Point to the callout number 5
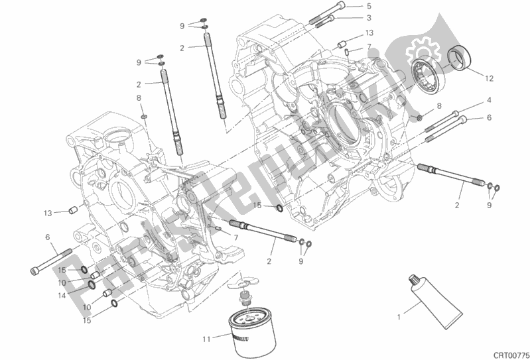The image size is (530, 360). click(369, 6)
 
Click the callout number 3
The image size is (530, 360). click(369, 17)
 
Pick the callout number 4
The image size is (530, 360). click(489, 100)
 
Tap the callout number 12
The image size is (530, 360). click(489, 78)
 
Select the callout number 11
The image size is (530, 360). click(206, 339)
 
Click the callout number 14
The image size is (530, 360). click(62, 296)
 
